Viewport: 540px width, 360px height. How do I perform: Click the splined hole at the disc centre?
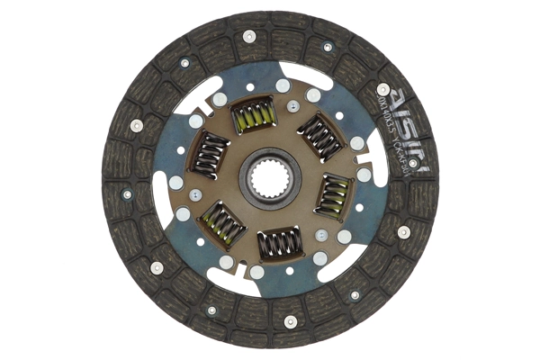[269, 180]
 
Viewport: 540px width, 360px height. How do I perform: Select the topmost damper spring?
[254, 116]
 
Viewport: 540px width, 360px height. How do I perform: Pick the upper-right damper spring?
[319, 136]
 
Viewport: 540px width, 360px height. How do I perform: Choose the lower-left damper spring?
[220, 223]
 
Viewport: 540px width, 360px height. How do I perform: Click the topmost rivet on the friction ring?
[249, 37]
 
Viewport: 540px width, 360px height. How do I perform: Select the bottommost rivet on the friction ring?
[290, 320]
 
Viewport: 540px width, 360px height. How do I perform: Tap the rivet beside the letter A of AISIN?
[383, 89]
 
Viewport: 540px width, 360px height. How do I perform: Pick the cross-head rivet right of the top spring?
[292, 105]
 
